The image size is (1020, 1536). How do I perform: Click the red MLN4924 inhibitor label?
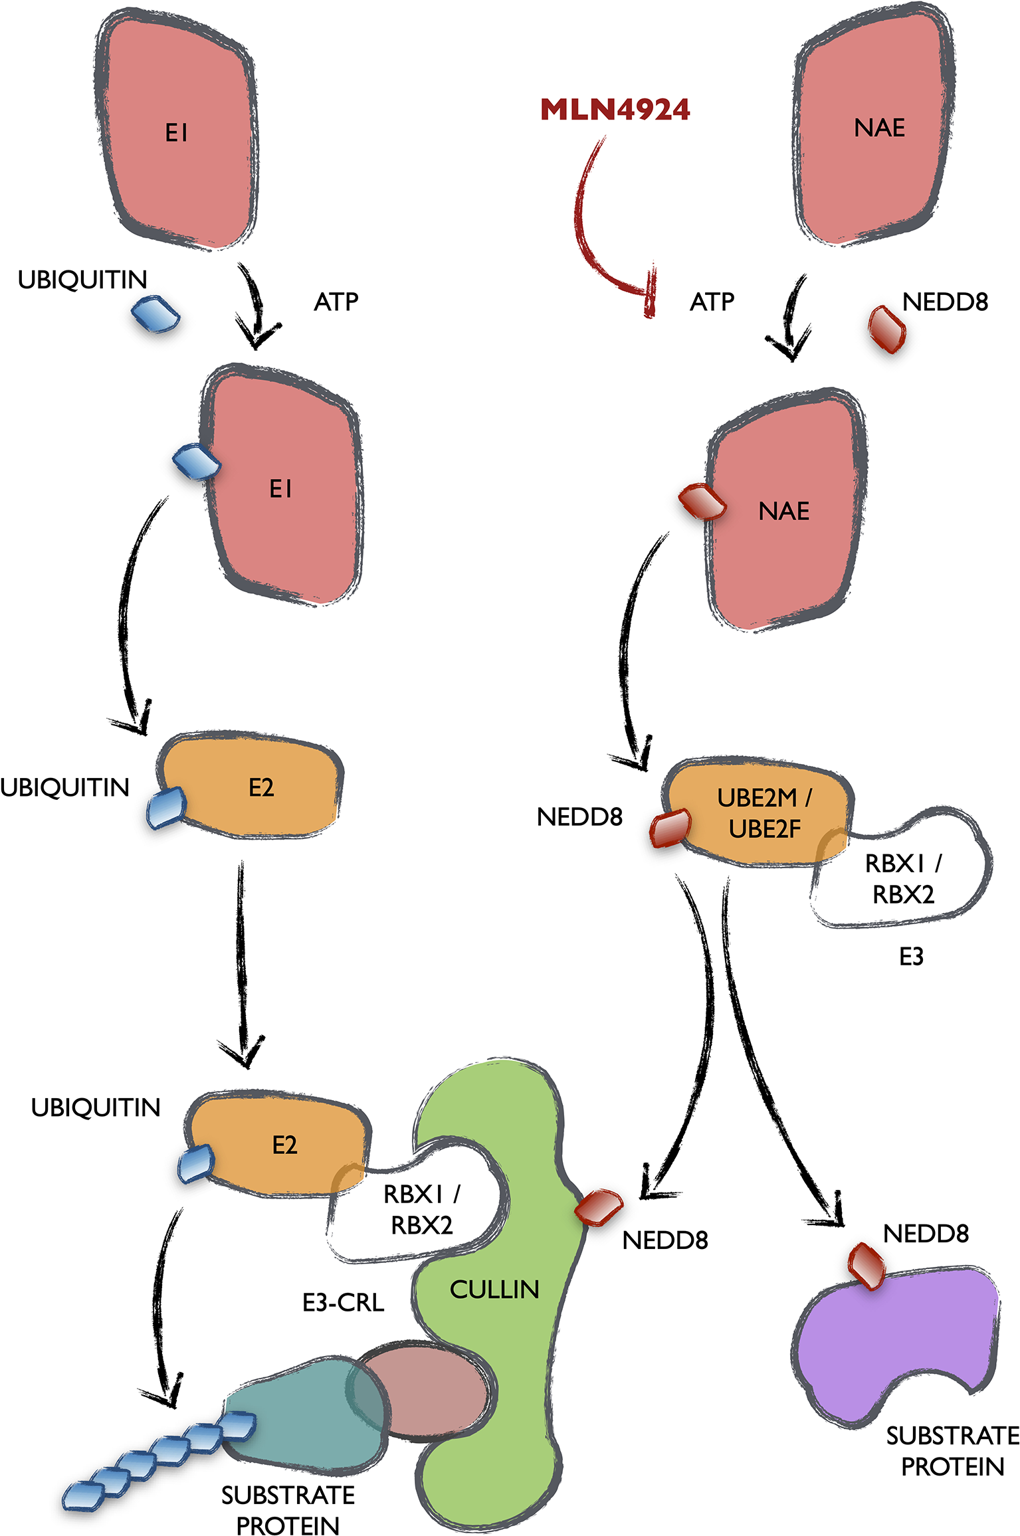tap(615, 110)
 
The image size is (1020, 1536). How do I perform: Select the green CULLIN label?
tap(494, 1290)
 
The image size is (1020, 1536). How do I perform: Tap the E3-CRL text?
tap(343, 1303)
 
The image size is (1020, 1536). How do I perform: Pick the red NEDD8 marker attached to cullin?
tap(599, 1206)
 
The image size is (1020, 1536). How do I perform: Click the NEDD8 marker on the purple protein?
tap(867, 1265)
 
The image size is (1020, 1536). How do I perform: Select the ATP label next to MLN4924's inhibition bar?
tap(712, 302)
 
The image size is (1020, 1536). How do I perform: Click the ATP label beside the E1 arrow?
tap(336, 302)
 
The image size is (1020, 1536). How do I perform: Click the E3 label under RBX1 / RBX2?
tap(911, 957)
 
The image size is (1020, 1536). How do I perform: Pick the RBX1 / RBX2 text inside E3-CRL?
tap(421, 1209)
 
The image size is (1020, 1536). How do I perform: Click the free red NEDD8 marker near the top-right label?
tap(887, 329)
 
